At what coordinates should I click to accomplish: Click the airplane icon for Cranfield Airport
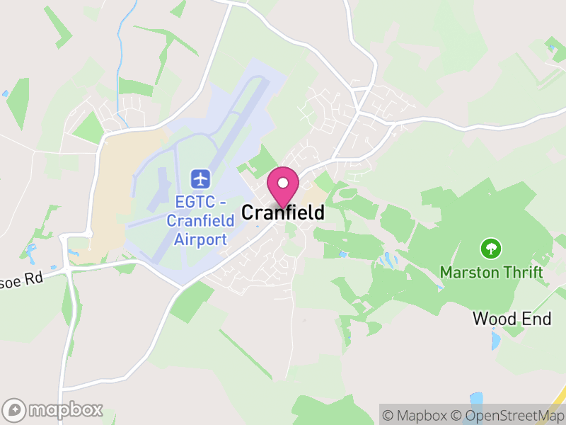coord(201,177)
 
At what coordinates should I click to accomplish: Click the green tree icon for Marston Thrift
coord(490,249)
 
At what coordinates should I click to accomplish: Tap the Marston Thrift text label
coord(491,272)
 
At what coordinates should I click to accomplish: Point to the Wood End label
coord(512,319)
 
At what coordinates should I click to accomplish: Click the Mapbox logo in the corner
coord(53,409)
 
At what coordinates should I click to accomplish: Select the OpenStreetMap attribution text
coord(507,416)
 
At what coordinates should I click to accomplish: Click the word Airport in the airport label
coord(201,239)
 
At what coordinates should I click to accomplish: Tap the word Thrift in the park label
coord(524,272)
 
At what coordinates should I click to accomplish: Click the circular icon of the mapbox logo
coord(15,409)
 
